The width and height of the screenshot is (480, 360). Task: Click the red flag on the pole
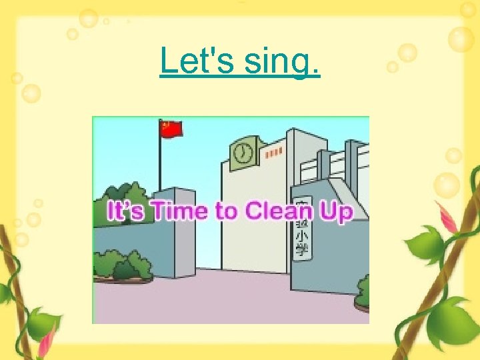point(171,129)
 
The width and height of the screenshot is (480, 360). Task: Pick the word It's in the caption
point(127,212)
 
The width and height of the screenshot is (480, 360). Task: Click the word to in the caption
point(227,212)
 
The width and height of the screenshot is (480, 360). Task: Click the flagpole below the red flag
point(160,167)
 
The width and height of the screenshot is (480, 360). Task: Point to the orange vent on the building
point(272,154)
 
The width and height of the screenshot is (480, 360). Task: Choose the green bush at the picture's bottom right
point(363,293)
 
